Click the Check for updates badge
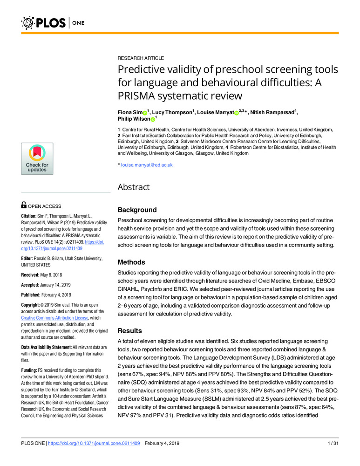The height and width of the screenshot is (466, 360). click(37, 159)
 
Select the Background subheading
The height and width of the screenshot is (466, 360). click(137, 210)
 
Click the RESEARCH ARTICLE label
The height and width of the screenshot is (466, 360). click(141, 58)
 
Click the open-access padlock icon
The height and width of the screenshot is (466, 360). click(24, 205)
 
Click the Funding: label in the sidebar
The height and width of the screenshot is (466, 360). click(31, 369)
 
